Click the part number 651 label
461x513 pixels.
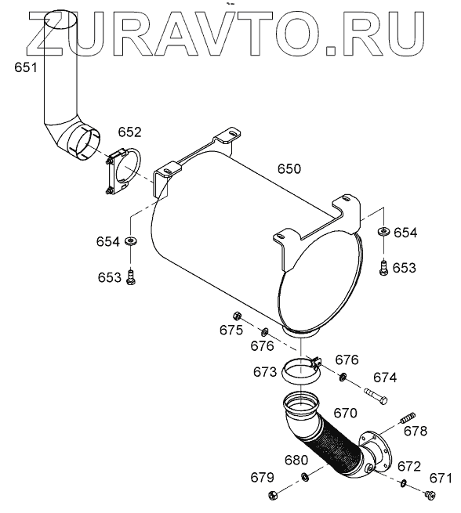coord(26,67)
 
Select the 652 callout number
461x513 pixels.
coord(129,132)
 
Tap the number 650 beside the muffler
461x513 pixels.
coord(289,169)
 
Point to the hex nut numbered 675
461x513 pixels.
coord(237,316)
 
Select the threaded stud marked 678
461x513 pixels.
coord(408,417)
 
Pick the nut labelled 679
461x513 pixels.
coord(273,495)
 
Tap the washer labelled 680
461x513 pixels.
coord(304,477)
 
